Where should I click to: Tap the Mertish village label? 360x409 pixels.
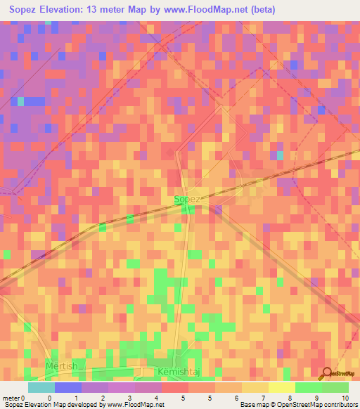coord(61,367)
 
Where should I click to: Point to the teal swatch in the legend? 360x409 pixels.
coord(41,387)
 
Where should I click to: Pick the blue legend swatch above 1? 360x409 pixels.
coord(67,387)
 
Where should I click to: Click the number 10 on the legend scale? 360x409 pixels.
coord(345,397)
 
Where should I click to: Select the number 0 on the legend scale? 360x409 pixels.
coord(49,397)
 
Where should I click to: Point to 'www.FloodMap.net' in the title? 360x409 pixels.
coord(211,10)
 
